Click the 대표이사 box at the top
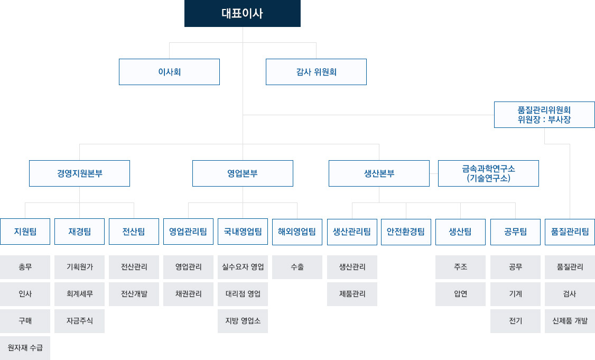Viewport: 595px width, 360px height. point(243,13)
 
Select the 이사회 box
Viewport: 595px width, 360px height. point(169,72)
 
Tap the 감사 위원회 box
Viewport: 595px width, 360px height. point(316,72)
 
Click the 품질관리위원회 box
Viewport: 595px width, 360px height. point(544,115)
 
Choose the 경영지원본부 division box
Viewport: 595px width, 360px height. point(79,173)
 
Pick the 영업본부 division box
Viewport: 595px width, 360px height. point(243,173)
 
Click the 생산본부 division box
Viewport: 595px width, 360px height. point(379,173)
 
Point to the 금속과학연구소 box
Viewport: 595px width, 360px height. point(488,173)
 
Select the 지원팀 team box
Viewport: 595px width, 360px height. point(25,232)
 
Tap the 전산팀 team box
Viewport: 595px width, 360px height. point(134,232)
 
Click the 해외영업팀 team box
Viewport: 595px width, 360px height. point(297,232)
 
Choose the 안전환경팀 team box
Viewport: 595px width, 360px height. point(406,232)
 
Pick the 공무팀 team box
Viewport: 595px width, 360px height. point(515,232)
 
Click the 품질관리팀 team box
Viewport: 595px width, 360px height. point(570,232)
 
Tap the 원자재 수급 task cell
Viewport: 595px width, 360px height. point(25,348)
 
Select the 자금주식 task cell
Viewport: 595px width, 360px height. point(79,321)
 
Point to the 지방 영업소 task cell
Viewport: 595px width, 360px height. point(243,321)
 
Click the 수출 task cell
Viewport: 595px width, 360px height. point(297,267)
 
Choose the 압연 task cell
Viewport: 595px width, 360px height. point(460,294)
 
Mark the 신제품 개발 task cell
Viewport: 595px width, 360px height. point(570,321)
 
